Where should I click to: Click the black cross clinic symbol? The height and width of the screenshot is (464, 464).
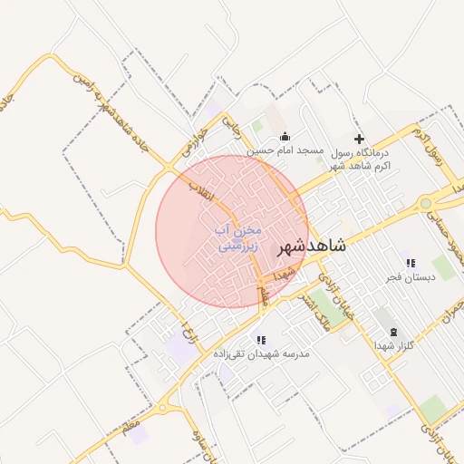point(360,139)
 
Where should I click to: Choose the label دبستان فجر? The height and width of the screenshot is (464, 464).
point(410,277)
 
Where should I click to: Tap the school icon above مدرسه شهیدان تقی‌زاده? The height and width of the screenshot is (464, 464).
point(262,340)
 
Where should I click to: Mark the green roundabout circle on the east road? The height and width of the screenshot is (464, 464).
point(426,203)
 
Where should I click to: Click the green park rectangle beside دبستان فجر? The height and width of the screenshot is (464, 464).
point(443,268)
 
